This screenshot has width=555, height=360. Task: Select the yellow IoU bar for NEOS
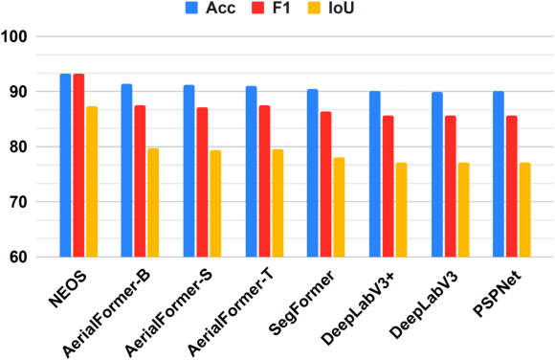tap(91, 182)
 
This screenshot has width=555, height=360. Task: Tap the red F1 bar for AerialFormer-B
tap(140, 181)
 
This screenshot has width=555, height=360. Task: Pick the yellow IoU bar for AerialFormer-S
tap(214, 204)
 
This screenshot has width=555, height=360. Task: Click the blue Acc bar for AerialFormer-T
tap(251, 171)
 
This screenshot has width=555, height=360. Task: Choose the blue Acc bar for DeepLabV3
tap(436, 174)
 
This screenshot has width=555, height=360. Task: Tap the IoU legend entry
tap(353, 11)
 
